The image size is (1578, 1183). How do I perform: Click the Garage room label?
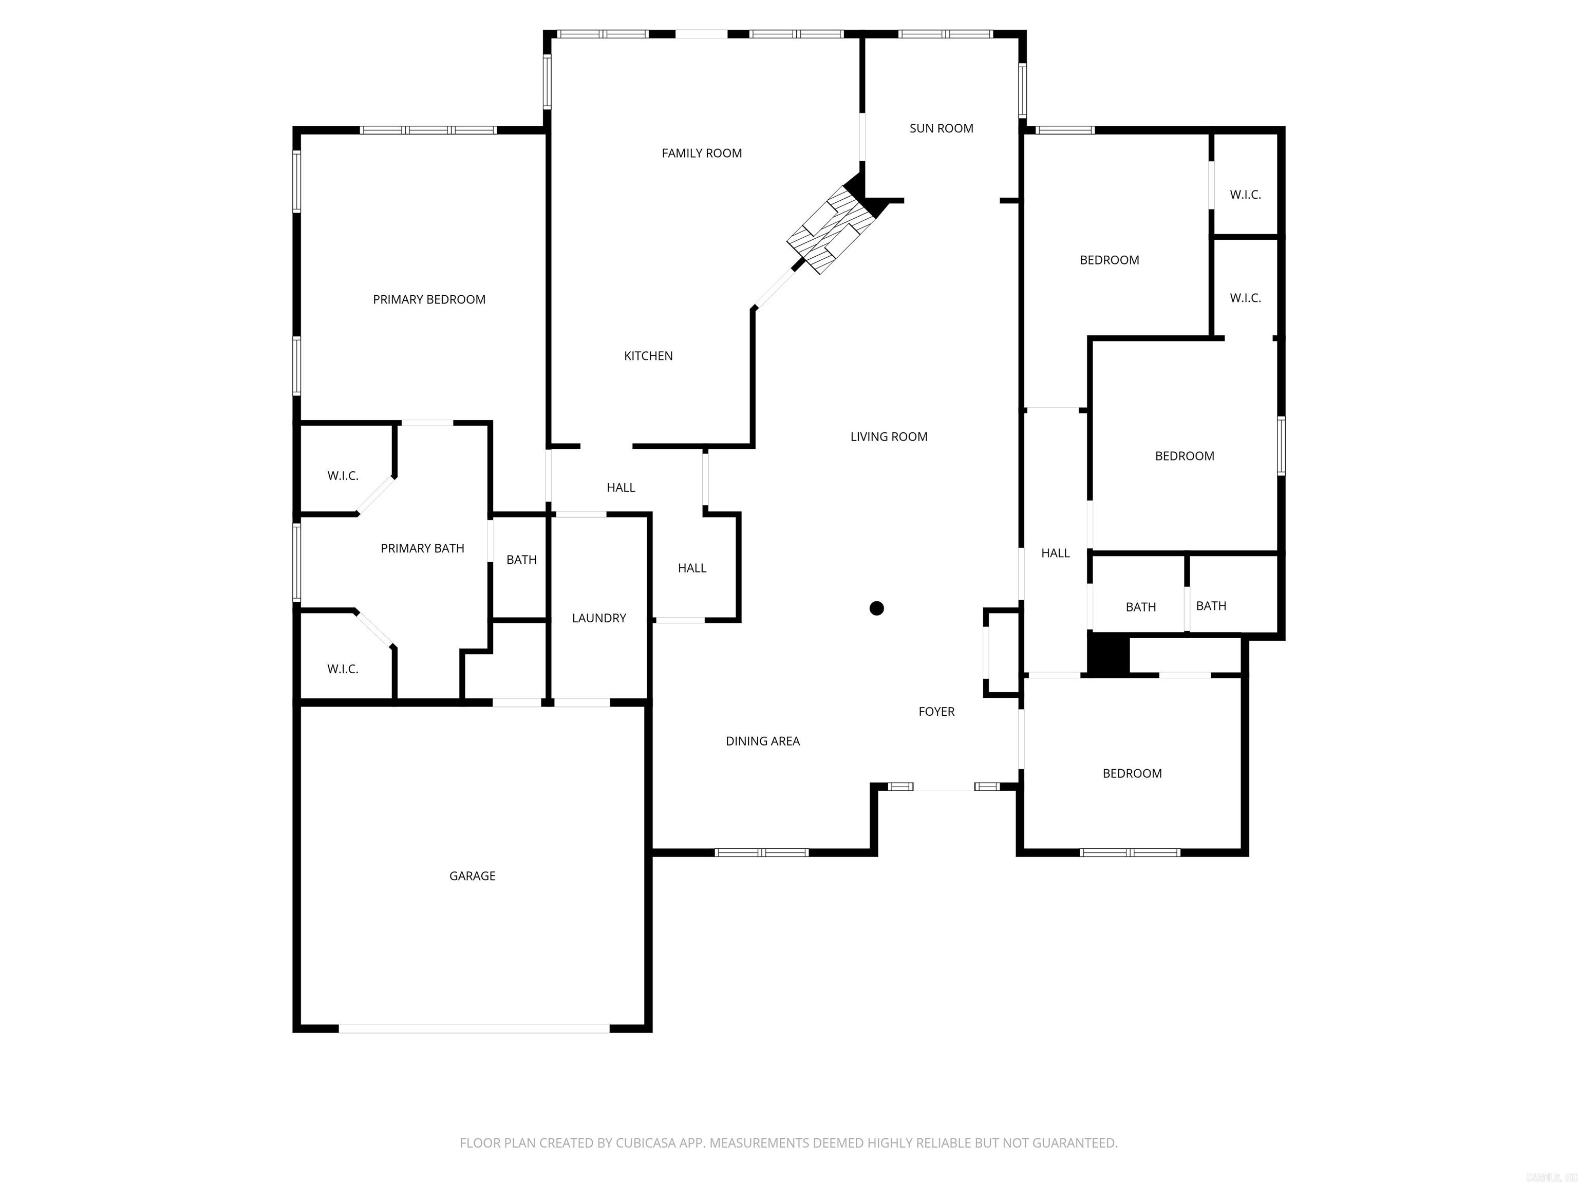pos(472,875)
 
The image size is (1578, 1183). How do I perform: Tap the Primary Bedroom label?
pos(429,299)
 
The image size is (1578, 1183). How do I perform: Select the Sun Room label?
pos(941,128)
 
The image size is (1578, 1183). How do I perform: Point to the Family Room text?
pos(701,154)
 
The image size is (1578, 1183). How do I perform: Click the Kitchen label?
pos(648,356)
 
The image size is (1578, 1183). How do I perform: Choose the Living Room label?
pos(888,436)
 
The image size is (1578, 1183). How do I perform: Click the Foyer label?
pos(936,711)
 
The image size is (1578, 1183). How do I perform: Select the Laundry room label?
pos(598,618)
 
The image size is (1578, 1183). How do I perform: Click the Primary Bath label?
pos(422,548)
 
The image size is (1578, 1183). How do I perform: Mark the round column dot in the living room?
pos(877,608)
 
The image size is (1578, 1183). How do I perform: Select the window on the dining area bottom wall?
pos(761,852)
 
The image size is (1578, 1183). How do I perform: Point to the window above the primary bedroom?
pos(428,130)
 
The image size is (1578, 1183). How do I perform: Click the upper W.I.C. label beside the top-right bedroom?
pos(1245,195)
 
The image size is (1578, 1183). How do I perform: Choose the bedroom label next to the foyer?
pos(1132,773)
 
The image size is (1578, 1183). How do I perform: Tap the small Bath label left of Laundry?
pos(521,560)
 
